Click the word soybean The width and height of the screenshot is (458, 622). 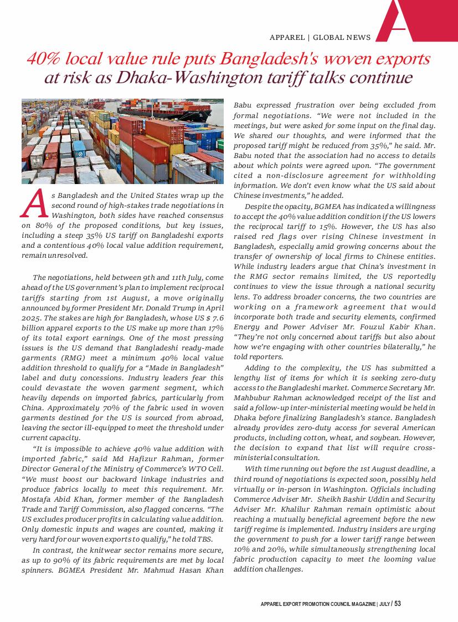[x=386, y=437]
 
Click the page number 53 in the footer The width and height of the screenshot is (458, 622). [x=398, y=604]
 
